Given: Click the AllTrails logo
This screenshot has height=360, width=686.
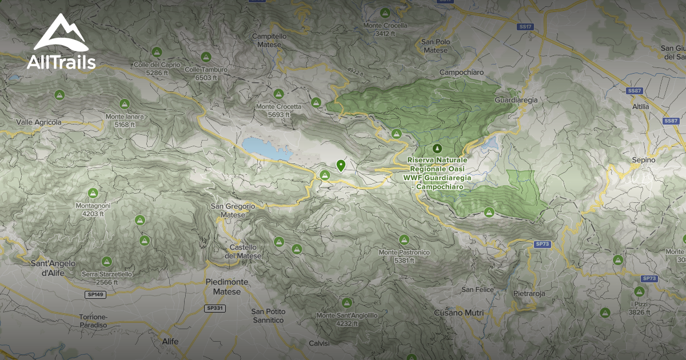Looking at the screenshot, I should [x=61, y=43].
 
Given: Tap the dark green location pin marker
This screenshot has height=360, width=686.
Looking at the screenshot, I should [x=341, y=165].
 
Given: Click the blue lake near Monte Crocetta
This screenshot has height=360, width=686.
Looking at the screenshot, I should [x=265, y=149].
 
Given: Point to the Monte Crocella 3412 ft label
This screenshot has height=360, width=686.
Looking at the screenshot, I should [x=385, y=29].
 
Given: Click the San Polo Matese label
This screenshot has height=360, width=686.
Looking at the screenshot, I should [x=436, y=46].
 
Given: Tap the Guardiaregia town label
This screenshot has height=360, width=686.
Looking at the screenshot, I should [x=516, y=100].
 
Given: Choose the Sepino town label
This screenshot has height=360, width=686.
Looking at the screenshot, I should [x=643, y=160].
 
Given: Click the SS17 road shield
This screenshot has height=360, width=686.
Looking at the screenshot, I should [x=525, y=27].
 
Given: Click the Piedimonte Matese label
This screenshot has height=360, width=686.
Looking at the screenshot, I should [x=227, y=287].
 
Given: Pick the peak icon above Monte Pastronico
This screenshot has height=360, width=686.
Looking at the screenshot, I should [x=404, y=239].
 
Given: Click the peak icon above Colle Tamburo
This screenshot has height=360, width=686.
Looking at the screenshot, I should [x=206, y=57].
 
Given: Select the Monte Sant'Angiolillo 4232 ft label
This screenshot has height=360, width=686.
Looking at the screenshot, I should [x=347, y=319].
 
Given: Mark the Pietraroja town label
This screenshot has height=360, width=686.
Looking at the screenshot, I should [x=529, y=293].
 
